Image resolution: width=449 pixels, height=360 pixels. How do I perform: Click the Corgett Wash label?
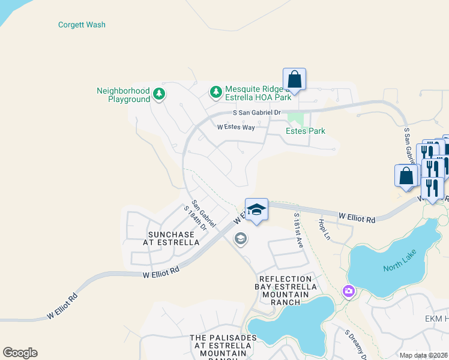tap(82, 25)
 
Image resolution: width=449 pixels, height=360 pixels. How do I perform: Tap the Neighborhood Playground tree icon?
tap(159, 94)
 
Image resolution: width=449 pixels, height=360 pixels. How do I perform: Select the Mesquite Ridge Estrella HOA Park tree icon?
tap(215, 92)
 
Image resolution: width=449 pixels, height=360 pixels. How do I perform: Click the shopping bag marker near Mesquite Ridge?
tap(294, 79)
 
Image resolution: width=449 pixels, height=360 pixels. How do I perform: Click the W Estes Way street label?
tap(236, 127)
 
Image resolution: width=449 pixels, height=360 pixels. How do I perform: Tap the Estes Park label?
tap(305, 131)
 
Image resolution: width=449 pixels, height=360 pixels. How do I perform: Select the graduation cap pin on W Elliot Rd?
tap(256, 210)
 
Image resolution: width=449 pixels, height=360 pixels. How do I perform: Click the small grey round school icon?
tap(240, 239)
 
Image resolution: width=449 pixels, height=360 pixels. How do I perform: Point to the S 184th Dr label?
tap(195, 218)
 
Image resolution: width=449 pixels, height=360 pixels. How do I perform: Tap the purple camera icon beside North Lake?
tap(349, 292)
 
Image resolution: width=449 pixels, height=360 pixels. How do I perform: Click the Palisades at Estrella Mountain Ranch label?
tap(223, 346)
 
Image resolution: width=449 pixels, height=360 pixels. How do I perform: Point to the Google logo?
tap(20, 353)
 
